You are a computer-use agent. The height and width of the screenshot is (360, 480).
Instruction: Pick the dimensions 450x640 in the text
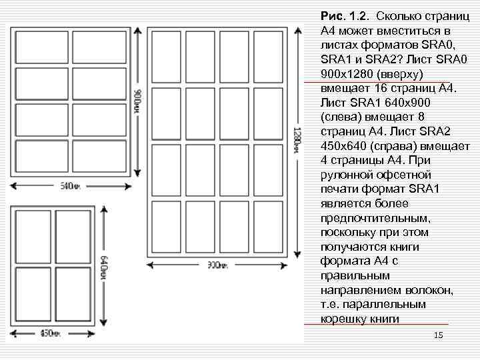(x=347, y=146)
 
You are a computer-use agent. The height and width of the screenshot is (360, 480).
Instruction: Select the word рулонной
(x=347, y=175)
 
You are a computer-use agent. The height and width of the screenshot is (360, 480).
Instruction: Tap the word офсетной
(x=411, y=175)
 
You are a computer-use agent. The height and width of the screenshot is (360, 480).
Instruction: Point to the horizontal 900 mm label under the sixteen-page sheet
(x=215, y=265)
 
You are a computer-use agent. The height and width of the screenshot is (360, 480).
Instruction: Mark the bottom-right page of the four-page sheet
(x=73, y=294)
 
